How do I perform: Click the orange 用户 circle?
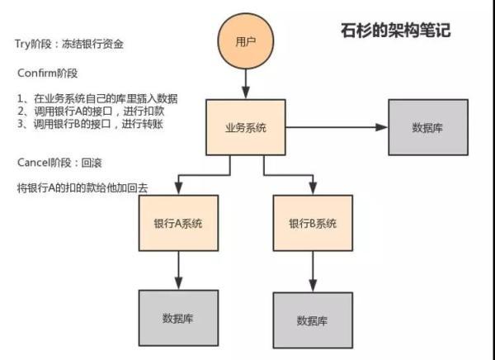coord(246,40)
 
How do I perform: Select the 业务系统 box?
coord(246,127)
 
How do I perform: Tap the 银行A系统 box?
coord(178,224)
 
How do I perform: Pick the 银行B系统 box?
coord(313,224)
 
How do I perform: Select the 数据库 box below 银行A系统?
coord(178,317)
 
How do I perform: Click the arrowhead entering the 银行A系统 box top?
coord(178,190)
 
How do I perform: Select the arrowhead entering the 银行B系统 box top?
coord(313,190)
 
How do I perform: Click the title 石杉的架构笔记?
coord(395,31)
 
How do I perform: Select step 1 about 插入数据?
coord(97,98)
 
